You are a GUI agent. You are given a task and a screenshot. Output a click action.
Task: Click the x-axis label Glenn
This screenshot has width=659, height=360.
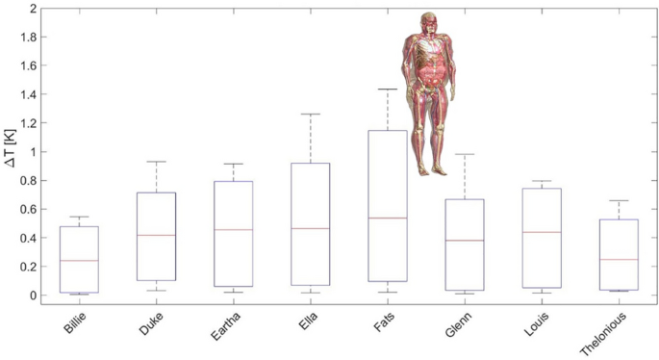click(447, 323)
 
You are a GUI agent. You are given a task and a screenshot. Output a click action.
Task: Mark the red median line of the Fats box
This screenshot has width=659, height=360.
click(381, 218)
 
